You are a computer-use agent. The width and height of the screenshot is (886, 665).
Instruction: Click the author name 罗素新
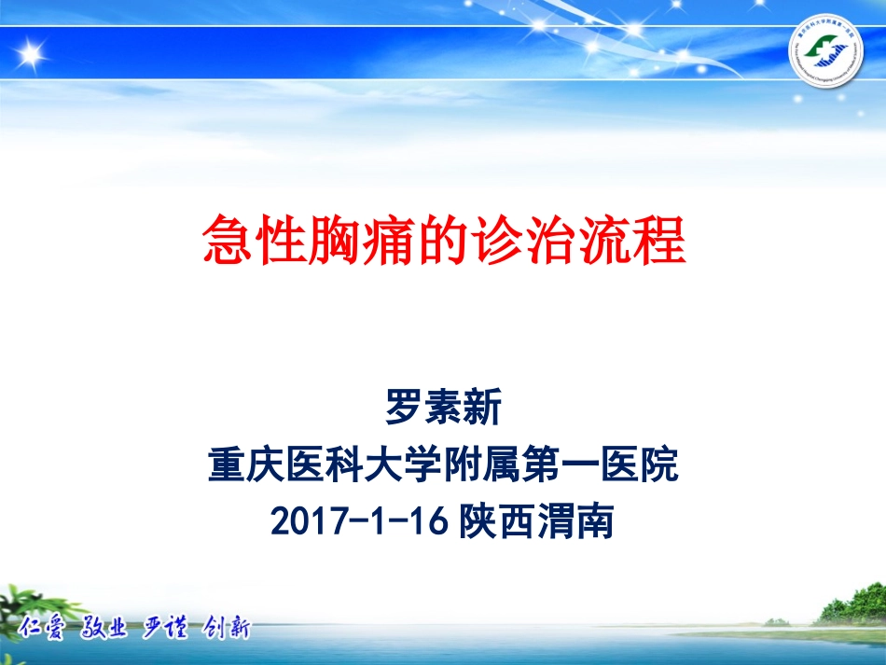[x=443, y=409]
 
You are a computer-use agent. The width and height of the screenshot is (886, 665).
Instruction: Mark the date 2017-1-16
[x=361, y=522]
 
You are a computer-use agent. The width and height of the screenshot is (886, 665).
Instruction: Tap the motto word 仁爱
[x=46, y=628]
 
